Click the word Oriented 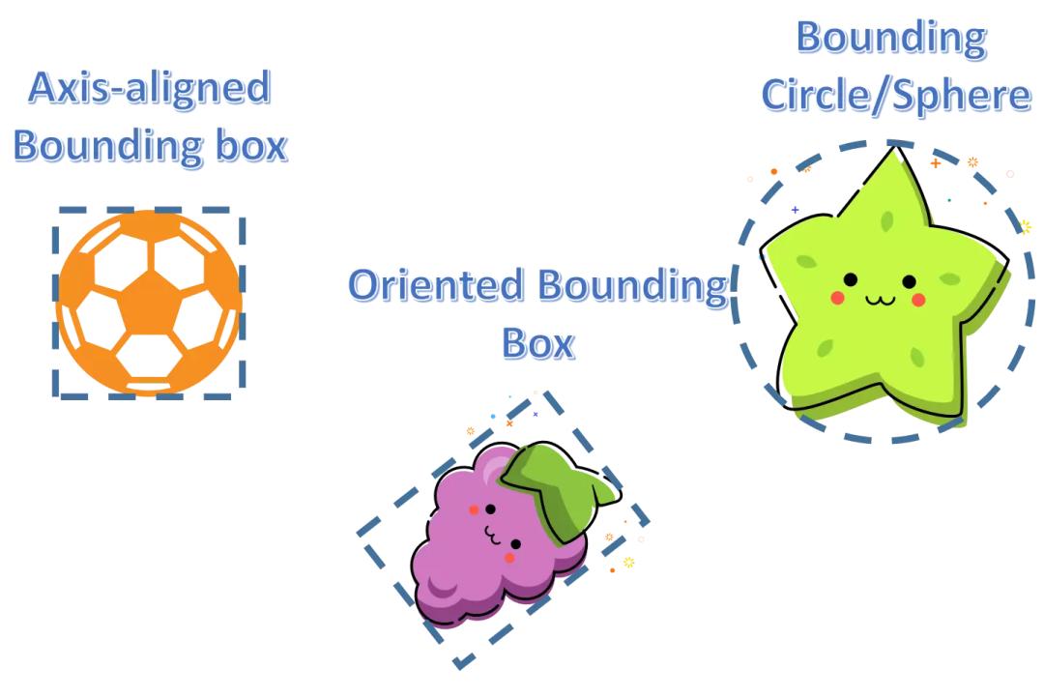click(436, 286)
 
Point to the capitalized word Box click(537, 343)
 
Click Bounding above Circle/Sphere click(891, 38)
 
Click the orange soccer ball click(148, 303)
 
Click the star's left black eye click(851, 279)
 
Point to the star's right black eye click(909, 281)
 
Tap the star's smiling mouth click(881, 299)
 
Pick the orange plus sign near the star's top click(935, 163)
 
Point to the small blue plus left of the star click(796, 209)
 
